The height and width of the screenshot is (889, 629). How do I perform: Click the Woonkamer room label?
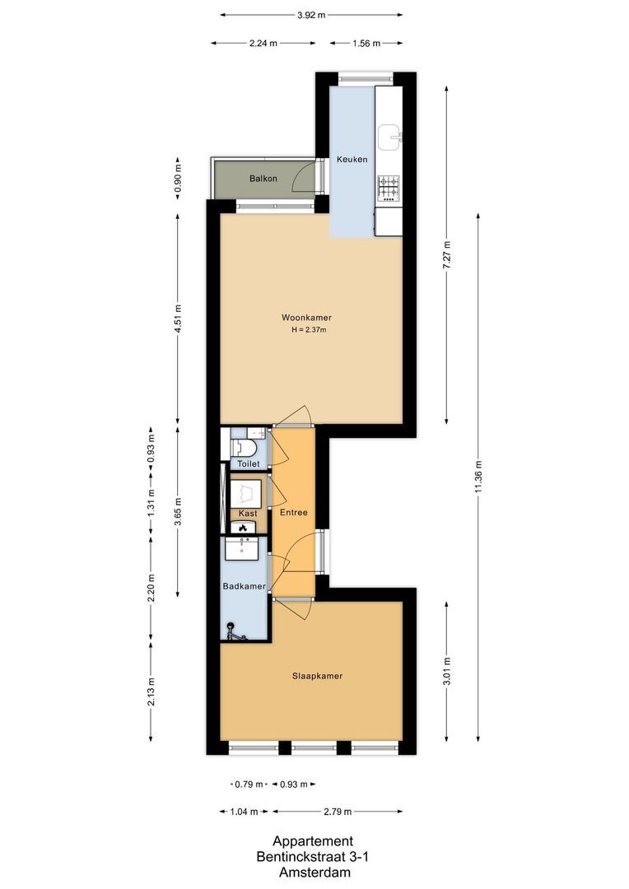tap(311, 318)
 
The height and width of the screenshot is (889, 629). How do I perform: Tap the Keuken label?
tap(352, 160)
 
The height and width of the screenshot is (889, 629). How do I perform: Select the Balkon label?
tap(263, 179)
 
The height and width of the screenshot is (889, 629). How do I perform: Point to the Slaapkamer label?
tap(317, 676)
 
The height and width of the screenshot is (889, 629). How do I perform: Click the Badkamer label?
tap(245, 586)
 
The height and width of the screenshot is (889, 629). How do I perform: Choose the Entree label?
tap(293, 512)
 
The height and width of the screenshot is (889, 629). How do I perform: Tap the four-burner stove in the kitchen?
tap(389, 189)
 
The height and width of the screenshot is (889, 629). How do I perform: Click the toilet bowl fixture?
tap(245, 447)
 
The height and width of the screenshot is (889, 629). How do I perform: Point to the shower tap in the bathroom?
tap(233, 632)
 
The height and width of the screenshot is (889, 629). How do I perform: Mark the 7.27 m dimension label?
tap(446, 254)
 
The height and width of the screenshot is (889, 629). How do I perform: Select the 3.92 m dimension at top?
tap(311, 15)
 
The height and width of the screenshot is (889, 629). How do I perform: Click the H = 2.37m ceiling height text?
tap(309, 330)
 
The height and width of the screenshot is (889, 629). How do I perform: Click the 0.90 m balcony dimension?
tap(177, 179)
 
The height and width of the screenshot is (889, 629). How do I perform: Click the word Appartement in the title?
tap(313, 841)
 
